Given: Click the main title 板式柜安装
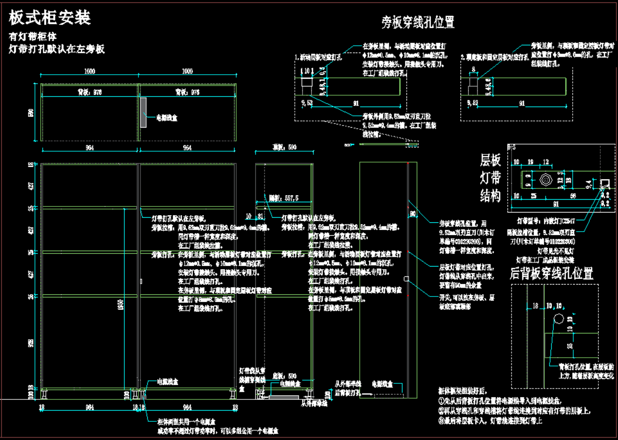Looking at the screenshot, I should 50,17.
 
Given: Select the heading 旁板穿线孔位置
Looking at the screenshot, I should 418,22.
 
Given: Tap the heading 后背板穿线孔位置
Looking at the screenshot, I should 551,273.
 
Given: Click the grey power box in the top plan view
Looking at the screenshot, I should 144,112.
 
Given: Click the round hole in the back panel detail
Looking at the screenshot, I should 558,320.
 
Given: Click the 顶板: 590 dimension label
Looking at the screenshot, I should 285,147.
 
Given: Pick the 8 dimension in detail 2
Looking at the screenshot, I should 473,68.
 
